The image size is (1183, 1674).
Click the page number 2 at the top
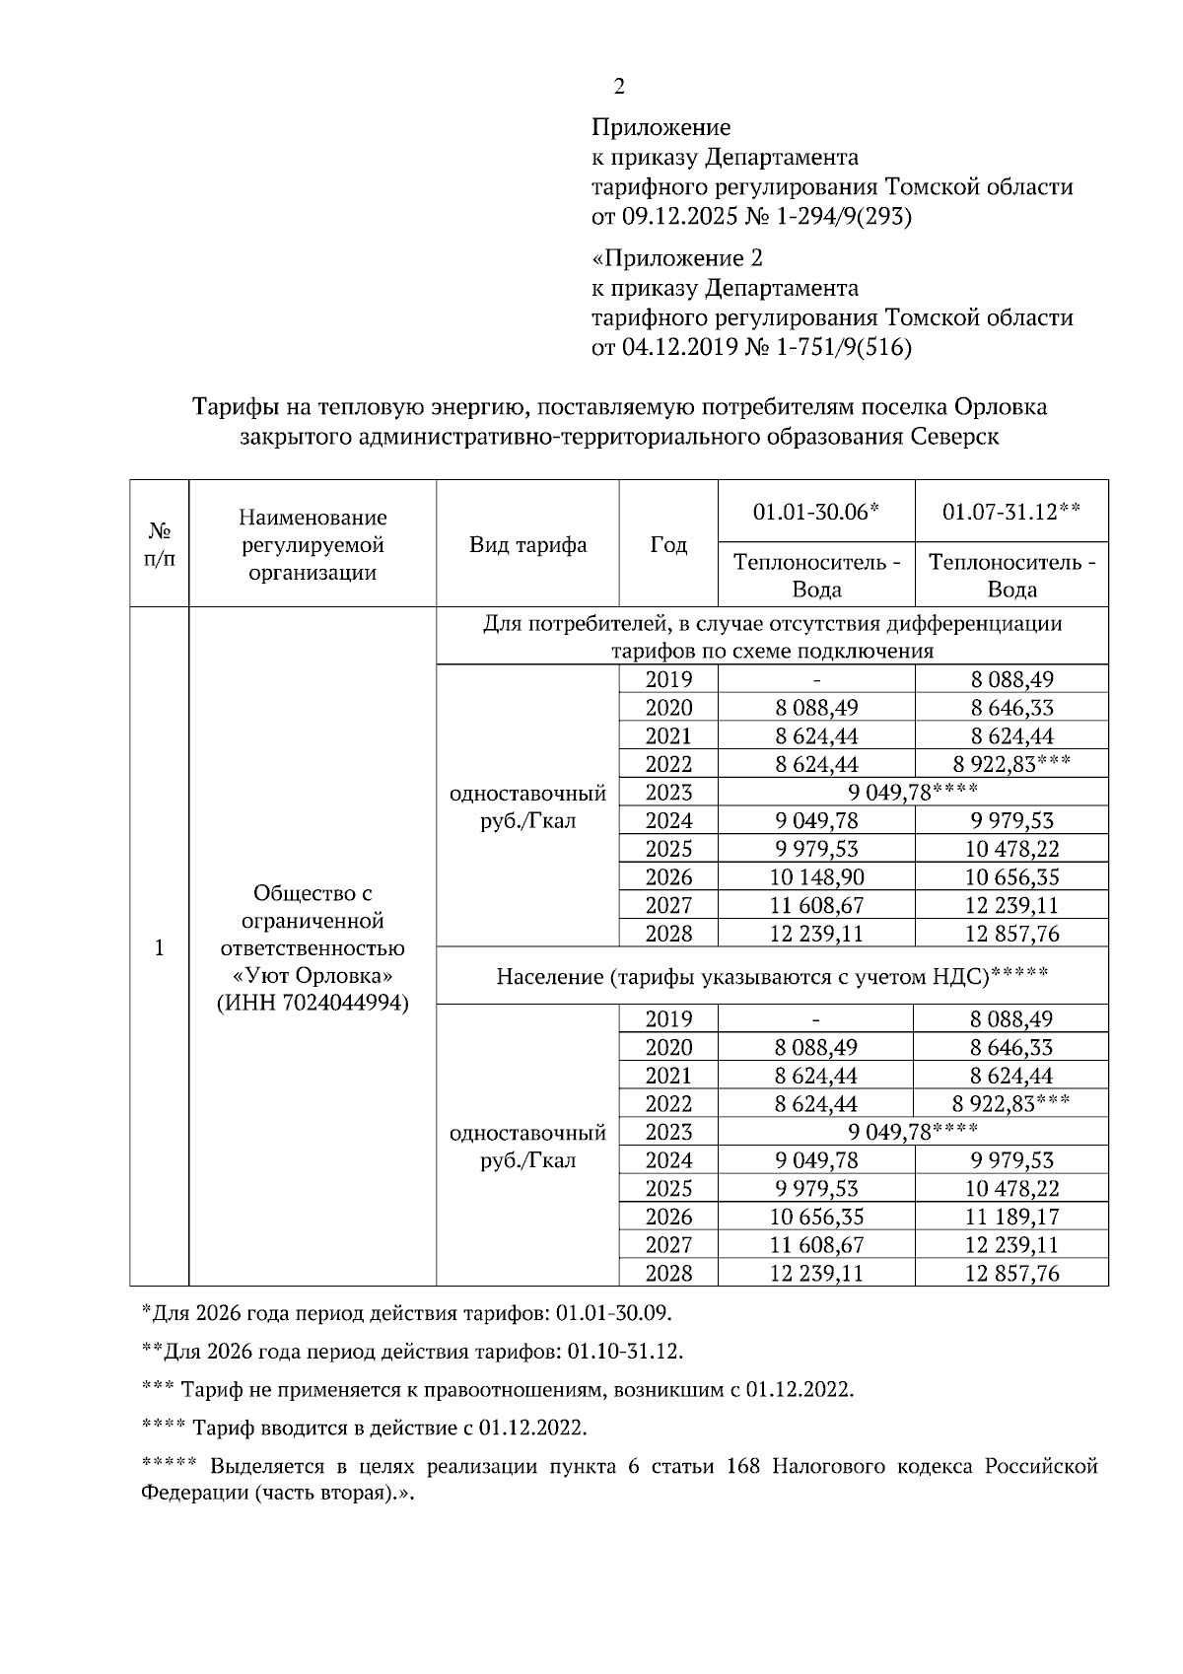(619, 87)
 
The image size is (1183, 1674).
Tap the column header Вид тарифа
(527, 545)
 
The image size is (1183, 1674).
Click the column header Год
(668, 545)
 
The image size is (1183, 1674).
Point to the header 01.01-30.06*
(816, 512)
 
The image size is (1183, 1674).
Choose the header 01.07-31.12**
(1011, 512)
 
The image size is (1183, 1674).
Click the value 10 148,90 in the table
(816, 877)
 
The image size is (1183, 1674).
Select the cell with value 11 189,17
(1011, 1217)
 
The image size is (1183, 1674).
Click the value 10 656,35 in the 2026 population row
(816, 1217)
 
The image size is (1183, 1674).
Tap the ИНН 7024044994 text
(313, 1003)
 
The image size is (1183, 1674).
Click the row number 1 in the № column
(159, 947)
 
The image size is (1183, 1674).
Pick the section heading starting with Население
(772, 976)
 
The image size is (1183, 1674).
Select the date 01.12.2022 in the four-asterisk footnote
(532, 1428)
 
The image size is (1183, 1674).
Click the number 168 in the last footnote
(742, 1466)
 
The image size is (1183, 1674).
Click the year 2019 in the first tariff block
(668, 679)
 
